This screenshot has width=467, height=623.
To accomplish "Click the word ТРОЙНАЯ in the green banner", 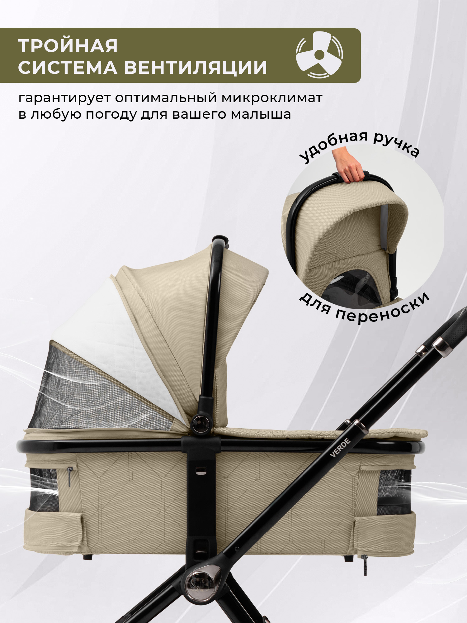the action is coord(68,46).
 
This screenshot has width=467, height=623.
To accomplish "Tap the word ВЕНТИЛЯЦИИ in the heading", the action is coord(196,67).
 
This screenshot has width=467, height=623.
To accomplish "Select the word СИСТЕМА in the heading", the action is coord(68,67).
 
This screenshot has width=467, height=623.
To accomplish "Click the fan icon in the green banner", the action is coord(319,55).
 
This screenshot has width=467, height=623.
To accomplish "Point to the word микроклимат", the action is coord(271,97).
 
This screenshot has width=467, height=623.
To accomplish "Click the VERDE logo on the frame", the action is coord(340,448).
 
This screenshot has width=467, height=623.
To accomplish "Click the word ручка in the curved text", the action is coord(397,144).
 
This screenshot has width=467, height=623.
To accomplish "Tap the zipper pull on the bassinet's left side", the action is coord(69,476).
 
